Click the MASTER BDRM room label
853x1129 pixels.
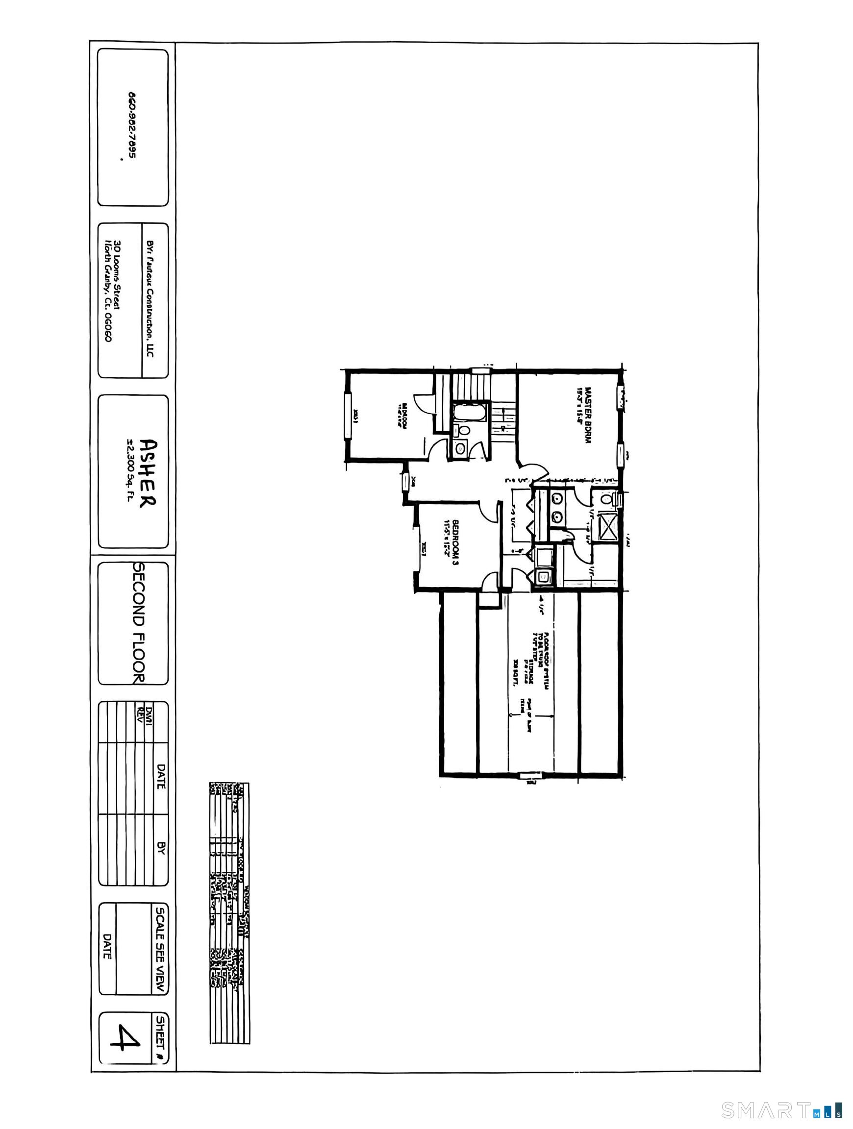click(x=583, y=416)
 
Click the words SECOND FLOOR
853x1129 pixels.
click(x=139, y=622)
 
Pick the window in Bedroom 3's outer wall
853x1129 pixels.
click(x=423, y=548)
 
